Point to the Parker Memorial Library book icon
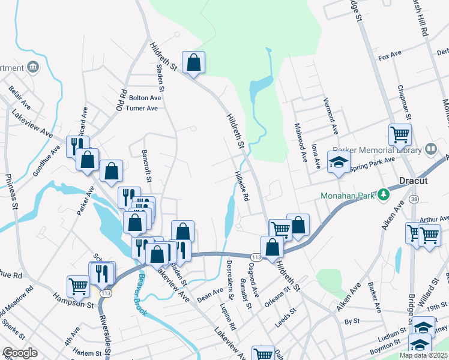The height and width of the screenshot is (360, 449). pos(430,148)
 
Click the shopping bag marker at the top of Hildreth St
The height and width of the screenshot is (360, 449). pos(193,62)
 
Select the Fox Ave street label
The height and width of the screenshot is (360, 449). pos(390,55)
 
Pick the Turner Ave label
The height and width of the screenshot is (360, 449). pos(143,108)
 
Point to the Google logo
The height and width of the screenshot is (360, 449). pos(20,353)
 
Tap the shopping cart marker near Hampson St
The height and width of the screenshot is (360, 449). pos(78,287)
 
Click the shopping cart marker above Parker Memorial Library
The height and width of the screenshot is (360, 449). pos(399,135)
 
